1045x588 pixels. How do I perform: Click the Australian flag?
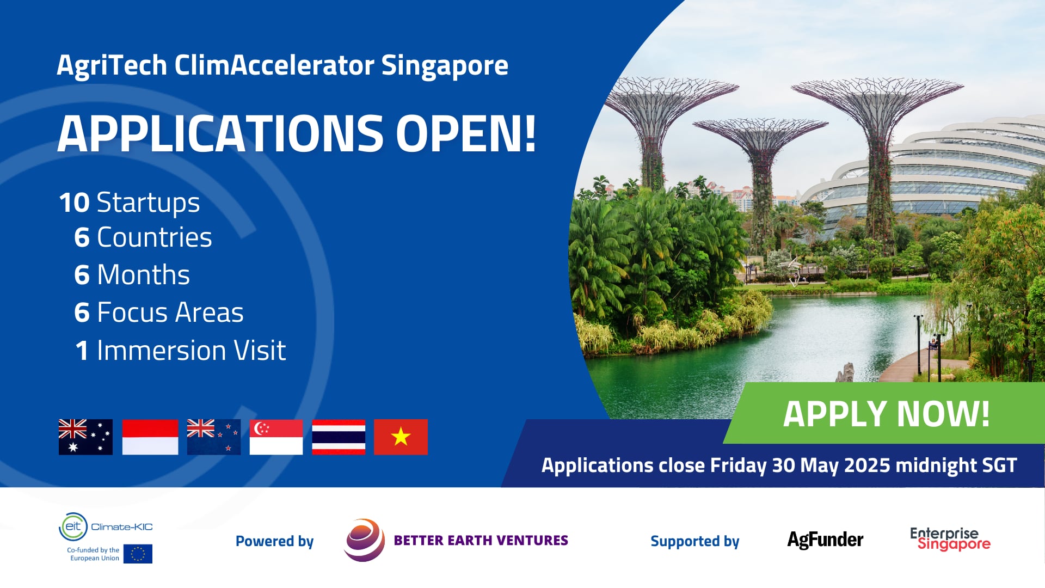(85, 437)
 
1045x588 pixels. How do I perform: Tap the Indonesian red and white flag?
(150, 437)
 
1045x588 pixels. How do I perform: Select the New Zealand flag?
(213, 437)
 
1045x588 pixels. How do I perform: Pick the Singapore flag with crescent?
(276, 437)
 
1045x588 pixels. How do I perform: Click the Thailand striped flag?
(339, 437)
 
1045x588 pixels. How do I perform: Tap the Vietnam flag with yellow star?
(401, 437)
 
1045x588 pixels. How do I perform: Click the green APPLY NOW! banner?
(886, 414)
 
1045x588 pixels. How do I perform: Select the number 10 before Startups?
(74, 203)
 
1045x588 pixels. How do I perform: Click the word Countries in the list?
(154, 237)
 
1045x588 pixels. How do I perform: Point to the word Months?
(143, 274)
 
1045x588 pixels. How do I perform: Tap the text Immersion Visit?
(191, 350)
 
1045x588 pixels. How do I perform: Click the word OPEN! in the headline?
(466, 133)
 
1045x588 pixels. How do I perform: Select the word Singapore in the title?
(444, 65)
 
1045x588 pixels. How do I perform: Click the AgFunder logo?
(825, 540)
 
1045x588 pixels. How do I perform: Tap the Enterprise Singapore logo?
(950, 538)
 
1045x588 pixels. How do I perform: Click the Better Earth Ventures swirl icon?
(364, 540)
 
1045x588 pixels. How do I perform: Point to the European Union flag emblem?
(138, 554)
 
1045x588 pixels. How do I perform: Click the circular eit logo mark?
(73, 526)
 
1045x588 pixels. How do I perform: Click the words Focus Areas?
(170, 313)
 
